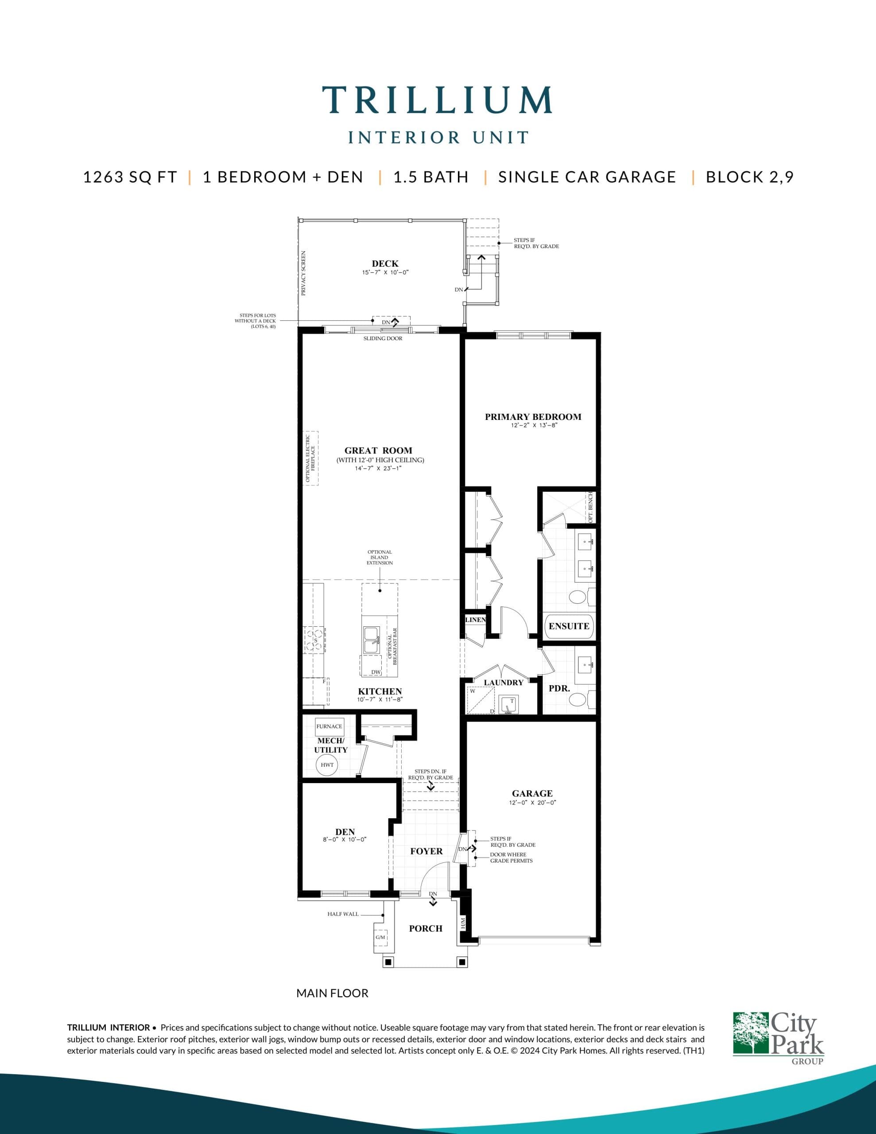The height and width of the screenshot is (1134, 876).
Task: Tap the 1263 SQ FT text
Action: pos(130,177)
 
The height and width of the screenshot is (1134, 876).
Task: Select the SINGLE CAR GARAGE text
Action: pos(587,177)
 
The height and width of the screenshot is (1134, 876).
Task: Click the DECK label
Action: pos(385,264)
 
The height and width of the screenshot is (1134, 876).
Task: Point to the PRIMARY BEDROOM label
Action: pos(533,416)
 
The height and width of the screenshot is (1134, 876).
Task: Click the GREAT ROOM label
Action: pos(378,450)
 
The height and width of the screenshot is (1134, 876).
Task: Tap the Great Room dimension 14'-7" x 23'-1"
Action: pos(379,468)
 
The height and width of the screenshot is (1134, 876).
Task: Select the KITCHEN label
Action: pos(380,691)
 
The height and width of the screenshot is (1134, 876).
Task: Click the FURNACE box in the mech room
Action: pos(329,726)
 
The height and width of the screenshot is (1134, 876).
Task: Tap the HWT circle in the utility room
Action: pos(327,765)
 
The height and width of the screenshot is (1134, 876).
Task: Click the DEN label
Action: pos(345,832)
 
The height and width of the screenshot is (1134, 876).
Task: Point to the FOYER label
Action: pos(426,851)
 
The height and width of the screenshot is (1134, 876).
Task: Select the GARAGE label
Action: pos(532,793)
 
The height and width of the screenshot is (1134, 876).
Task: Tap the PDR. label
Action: pos(559,688)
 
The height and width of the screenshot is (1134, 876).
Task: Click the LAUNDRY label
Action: pos(503,682)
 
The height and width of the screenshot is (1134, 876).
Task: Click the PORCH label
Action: pos(425,928)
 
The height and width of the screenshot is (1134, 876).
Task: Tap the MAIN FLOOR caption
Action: pos(332,993)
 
